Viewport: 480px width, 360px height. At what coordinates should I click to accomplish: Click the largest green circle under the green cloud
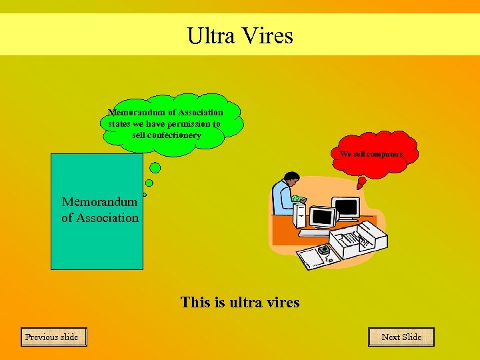[155, 168]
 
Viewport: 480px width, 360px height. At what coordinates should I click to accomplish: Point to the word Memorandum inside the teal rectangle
[100, 201]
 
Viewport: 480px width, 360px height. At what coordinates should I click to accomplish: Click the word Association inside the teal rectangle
[107, 217]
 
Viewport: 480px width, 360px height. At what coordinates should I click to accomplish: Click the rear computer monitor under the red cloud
[345, 207]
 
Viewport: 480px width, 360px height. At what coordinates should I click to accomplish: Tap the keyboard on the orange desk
[316, 233]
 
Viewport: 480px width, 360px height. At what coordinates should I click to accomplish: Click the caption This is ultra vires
[240, 302]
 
